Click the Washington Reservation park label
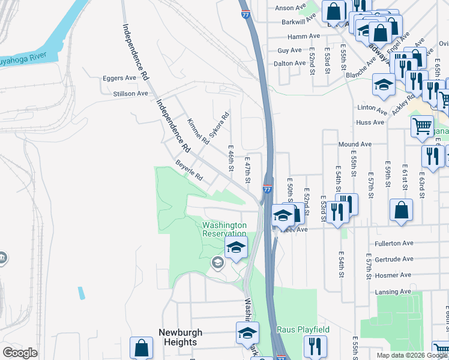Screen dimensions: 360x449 pos(224,229)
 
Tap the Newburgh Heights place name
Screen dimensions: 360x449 pos(180,337)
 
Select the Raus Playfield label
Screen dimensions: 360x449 pos(303,330)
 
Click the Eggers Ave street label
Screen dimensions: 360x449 pos(119,78)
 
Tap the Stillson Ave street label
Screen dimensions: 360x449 pos(130,94)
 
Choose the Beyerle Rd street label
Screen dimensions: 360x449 pos(189,170)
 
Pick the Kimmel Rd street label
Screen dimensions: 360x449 pos(197,131)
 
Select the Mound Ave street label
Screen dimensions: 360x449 pos(355,145)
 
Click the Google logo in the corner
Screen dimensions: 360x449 pos(20,353)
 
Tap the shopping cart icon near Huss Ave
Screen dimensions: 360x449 pos(422,127)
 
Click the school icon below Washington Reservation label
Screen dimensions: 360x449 pos(236,248)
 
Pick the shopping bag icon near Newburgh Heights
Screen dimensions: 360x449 pos(142,348)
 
